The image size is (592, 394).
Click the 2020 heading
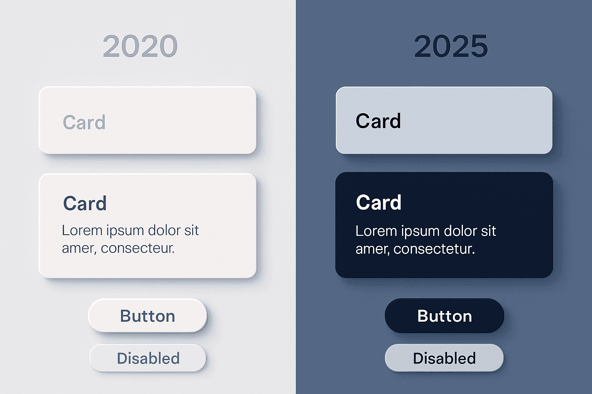coord(140,46)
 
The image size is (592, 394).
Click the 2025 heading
coord(451,46)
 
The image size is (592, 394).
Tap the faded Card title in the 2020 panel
coord(84,122)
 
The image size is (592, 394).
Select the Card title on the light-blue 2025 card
coord(378,121)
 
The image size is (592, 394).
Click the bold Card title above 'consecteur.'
coord(85,203)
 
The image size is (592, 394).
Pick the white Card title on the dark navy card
coord(378,202)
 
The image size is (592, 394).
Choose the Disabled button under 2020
coord(148,358)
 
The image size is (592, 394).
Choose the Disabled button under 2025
coord(444,358)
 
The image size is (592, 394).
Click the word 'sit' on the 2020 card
coord(192,230)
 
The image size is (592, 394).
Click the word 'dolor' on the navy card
coord(460,231)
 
